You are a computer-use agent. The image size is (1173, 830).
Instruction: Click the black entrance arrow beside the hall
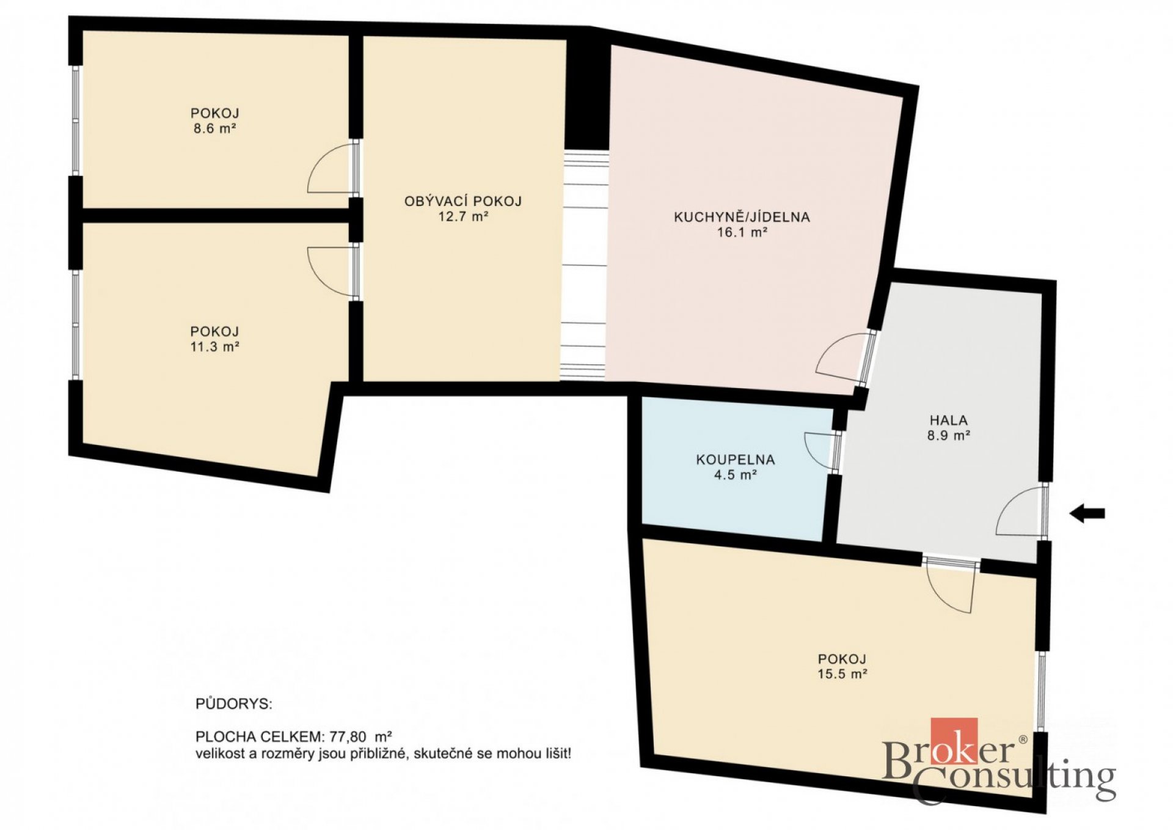1087,513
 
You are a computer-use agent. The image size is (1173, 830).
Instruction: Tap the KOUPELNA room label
736,460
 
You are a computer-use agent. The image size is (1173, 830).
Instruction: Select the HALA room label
949,420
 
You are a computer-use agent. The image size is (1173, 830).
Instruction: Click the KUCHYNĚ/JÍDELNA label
742,216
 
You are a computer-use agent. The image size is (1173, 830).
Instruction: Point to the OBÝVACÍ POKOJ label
463,201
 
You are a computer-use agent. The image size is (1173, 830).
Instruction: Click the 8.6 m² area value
215,128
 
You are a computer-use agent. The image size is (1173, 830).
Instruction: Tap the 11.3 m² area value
214,347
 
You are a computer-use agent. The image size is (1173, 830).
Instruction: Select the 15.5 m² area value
842,674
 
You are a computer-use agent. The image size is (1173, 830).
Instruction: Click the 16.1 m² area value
742,232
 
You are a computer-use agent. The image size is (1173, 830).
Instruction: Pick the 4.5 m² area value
736,475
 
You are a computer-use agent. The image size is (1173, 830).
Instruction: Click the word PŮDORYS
234,704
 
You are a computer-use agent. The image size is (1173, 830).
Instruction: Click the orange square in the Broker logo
954,741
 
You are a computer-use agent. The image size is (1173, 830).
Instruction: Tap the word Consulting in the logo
1014,780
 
